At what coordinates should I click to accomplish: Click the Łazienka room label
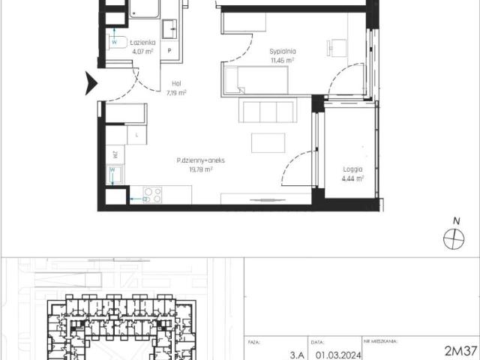[142, 43]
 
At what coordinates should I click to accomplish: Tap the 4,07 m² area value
[142, 52]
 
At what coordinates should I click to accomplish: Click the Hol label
[175, 85]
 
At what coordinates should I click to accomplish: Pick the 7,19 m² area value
[175, 94]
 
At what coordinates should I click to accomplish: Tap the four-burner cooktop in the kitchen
[153, 195]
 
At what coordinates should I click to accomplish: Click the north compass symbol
[454, 238]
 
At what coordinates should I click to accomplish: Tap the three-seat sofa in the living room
[268, 111]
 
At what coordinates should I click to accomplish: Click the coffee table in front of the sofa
[268, 142]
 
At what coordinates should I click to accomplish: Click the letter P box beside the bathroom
[170, 51]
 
